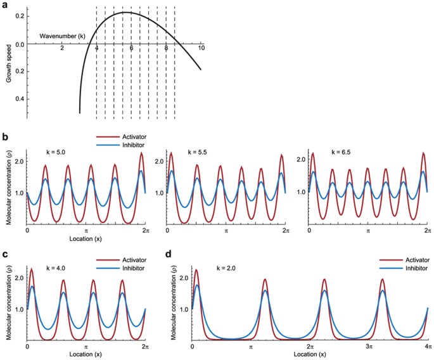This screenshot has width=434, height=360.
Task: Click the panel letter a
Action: [x=6, y=5]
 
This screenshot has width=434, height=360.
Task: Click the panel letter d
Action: [x=168, y=255]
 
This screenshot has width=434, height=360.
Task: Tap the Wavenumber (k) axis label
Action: [x=62, y=36]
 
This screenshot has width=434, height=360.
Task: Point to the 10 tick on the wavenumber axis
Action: [x=201, y=49]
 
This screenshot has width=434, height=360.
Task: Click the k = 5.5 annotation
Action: [x=199, y=152]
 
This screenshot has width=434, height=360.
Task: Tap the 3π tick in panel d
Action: [x=369, y=348]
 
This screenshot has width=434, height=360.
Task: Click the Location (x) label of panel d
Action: [x=310, y=356]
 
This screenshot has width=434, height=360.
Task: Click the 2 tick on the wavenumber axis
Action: [x=61, y=49]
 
